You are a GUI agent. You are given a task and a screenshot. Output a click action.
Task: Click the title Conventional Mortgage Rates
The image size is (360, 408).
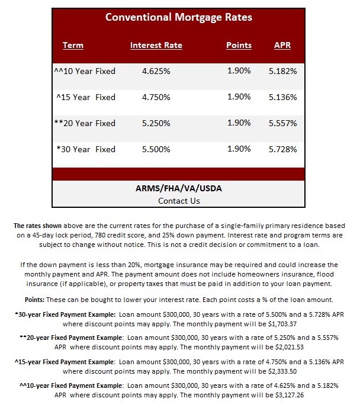(178, 17)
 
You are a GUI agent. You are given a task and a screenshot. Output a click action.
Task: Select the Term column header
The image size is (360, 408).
(73, 45)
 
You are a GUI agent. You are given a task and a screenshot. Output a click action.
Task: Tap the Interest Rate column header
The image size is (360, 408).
(156, 45)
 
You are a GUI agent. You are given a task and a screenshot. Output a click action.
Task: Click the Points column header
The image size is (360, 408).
(239, 45)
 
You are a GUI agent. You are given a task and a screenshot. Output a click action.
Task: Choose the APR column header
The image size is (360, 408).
(282, 45)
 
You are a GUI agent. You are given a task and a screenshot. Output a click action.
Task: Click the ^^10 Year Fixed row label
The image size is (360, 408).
(84, 71)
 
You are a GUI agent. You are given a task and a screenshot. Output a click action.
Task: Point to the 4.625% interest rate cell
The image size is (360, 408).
(156, 71)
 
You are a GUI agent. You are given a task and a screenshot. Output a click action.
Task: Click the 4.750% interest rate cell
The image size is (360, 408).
(156, 97)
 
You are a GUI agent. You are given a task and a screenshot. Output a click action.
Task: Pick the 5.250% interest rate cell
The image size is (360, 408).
(156, 123)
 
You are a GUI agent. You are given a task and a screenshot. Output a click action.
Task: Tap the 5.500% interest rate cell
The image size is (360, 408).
(156, 149)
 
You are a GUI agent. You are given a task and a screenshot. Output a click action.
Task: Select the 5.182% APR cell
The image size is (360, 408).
(282, 71)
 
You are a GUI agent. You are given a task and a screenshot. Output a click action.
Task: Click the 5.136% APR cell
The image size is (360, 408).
(282, 97)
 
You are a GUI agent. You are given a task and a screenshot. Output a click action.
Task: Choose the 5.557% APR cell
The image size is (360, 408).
(282, 123)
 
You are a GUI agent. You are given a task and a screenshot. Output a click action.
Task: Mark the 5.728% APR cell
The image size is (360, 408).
(282, 149)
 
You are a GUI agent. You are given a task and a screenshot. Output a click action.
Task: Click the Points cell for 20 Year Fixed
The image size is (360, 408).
(239, 123)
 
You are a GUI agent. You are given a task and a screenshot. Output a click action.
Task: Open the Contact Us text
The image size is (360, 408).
(179, 201)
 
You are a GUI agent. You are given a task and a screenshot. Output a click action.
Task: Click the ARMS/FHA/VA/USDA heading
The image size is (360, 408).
(179, 189)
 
